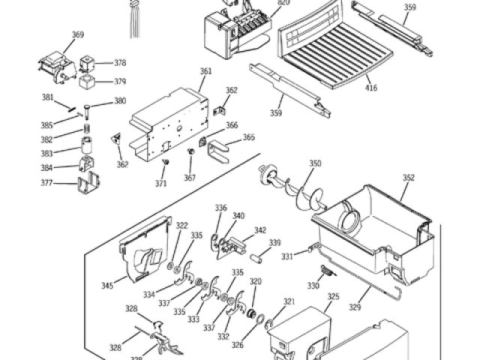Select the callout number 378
(120, 64)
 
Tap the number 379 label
(120, 82)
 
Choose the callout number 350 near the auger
(315, 163)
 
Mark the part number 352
(408, 178)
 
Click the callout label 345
(107, 286)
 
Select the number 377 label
(47, 181)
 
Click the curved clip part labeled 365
(217, 150)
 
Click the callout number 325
(334, 297)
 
